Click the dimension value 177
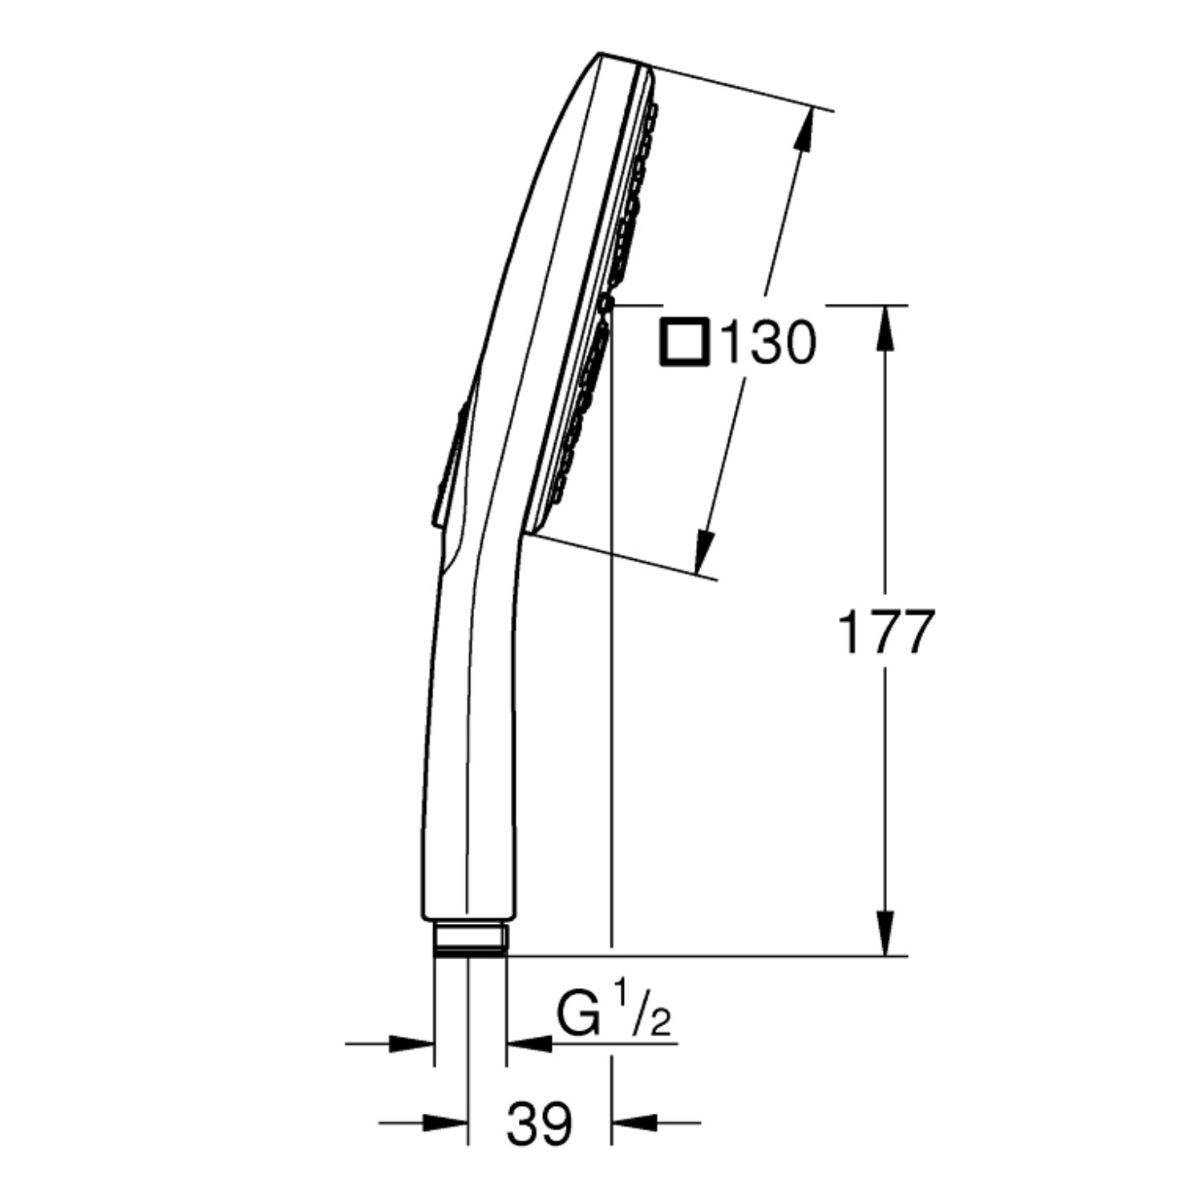pos(885,631)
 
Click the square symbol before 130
pos(684,342)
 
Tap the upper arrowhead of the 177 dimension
pos(885,327)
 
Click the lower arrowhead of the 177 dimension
pos(885,933)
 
